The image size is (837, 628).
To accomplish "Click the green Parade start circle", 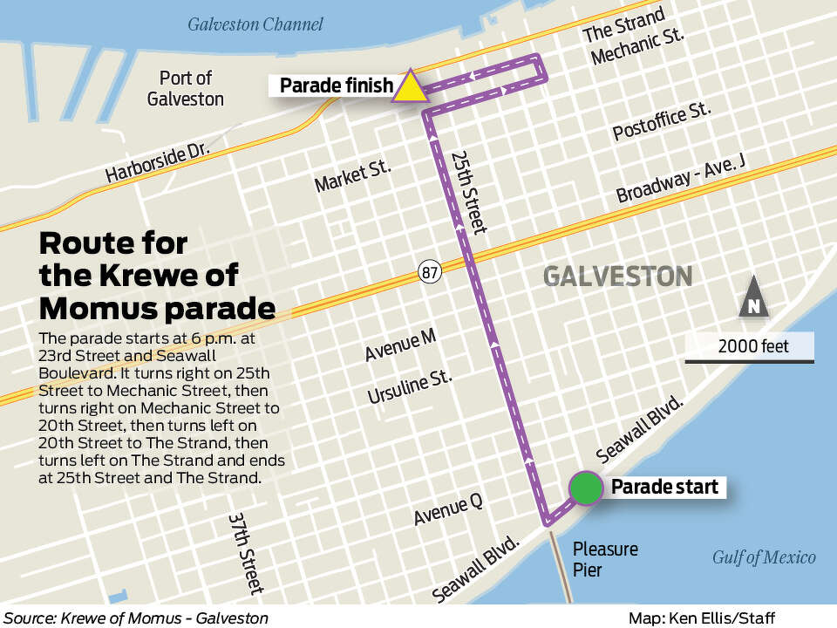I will pos(586,488).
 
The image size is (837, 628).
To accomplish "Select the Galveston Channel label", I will pos(255,24).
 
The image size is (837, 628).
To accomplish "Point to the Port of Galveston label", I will pos(186,88).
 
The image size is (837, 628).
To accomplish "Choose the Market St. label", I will pos(353,174).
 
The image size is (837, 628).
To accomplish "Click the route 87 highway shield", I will pos(430,270).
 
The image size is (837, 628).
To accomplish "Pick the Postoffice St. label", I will pos(662,120).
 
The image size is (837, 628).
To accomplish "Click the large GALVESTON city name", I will pos(617,276).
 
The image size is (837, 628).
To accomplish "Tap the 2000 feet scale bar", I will pos(750,347).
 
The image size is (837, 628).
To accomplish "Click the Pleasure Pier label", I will pos(605,560).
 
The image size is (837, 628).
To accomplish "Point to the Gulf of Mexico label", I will pos(764,557).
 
